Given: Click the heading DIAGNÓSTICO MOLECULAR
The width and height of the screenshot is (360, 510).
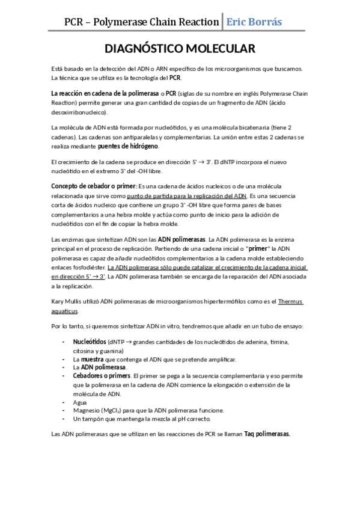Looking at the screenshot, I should [x=180, y=49].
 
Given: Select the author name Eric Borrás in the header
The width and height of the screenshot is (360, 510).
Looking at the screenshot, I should [x=253, y=22].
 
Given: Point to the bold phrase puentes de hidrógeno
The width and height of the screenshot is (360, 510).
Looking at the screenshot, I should [x=129, y=146].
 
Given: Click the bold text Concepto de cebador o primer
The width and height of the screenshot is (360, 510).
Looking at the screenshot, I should [x=94, y=186].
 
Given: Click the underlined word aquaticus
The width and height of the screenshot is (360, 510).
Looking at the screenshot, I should [x=64, y=311].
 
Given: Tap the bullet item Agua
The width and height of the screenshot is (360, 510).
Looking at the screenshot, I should [x=79, y=402].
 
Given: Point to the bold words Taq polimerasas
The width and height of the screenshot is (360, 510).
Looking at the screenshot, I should [x=267, y=433].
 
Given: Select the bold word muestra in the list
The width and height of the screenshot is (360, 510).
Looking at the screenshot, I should [x=92, y=359].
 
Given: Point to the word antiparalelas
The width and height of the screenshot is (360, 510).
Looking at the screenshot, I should [x=124, y=137].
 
